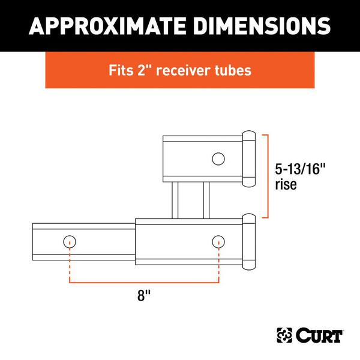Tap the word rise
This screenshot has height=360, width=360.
(286, 185)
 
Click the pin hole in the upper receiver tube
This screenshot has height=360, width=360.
(218, 158)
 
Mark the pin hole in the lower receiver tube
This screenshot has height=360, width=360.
(218, 242)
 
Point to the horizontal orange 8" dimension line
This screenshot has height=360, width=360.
(144, 281)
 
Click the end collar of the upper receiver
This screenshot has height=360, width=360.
(248, 158)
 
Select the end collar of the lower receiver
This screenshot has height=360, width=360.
(248, 242)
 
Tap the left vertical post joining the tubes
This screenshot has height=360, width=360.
(175, 200)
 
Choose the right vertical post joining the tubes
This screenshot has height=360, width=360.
(206, 200)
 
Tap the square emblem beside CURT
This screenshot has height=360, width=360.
(283, 332)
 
